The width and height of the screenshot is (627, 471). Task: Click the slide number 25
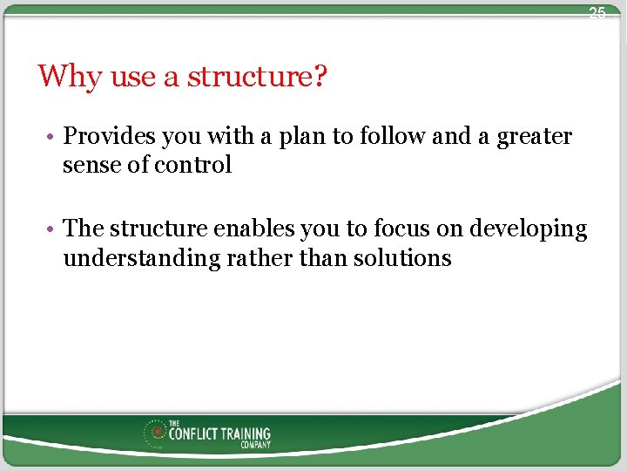pyautogui.click(x=597, y=13)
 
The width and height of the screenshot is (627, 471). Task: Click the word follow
pyautogui.click(x=392, y=137)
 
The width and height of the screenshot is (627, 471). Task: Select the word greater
pyautogui.click(x=535, y=137)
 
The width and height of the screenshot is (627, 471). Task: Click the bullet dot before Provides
pyautogui.click(x=52, y=138)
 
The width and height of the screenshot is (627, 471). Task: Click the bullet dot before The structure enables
pyautogui.click(x=52, y=230)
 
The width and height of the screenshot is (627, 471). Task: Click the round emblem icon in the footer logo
pyautogui.click(x=158, y=432)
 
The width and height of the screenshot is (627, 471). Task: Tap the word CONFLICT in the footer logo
pyautogui.click(x=192, y=433)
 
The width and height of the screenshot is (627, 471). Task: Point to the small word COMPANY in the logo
pyautogui.click(x=256, y=445)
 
